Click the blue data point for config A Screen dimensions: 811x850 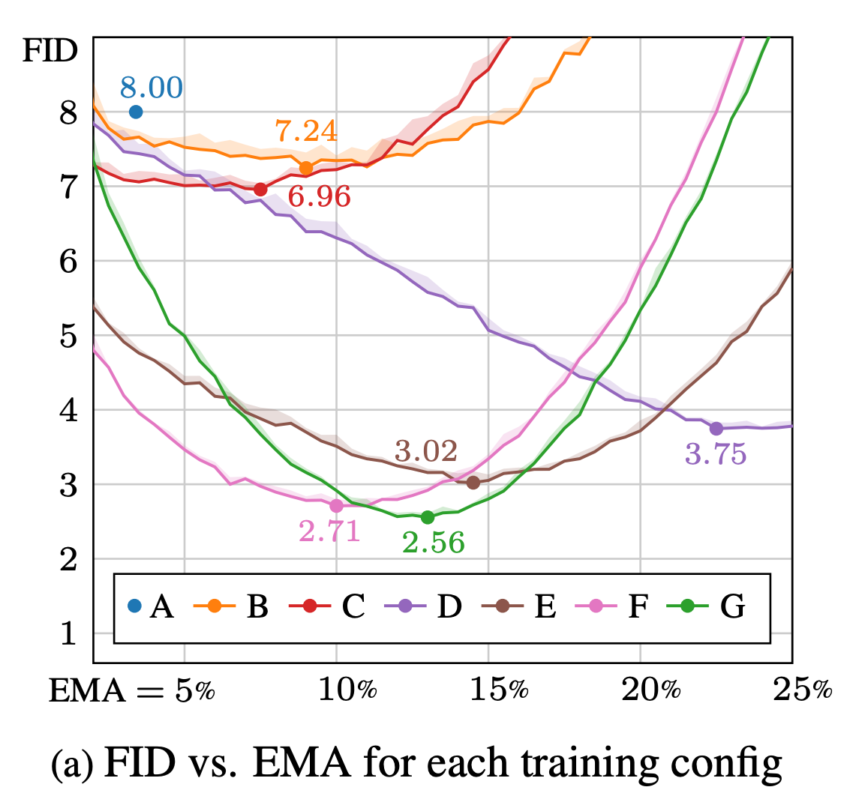(136, 112)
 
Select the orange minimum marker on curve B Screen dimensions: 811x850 (306, 167)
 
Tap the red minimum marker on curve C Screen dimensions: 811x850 (260, 189)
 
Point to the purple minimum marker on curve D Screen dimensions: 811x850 (716, 428)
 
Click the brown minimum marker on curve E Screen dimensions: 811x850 (473, 482)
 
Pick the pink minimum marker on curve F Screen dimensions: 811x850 (336, 506)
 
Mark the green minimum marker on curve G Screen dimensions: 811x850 (428, 517)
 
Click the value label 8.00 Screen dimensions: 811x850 (151, 88)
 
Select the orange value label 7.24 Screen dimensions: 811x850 (306, 132)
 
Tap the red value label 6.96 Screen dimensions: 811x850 (319, 197)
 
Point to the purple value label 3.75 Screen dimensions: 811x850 (716, 455)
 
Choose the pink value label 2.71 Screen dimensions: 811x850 (329, 531)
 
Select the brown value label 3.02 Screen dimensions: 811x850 (425, 452)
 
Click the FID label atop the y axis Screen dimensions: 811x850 (50, 52)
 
